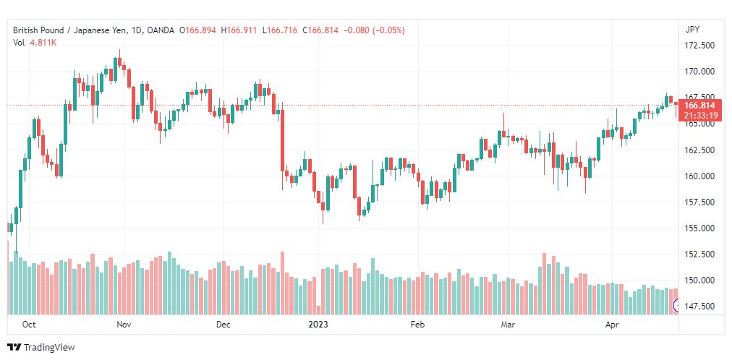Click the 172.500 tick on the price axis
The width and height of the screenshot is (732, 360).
tap(699, 46)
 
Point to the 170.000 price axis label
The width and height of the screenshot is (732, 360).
tap(699, 72)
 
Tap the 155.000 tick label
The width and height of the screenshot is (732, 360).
tap(699, 228)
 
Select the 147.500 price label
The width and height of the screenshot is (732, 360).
tap(699, 307)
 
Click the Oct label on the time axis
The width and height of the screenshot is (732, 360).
tap(29, 325)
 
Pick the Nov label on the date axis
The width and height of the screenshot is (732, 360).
tap(124, 325)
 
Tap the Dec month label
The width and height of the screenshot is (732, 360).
tap(224, 325)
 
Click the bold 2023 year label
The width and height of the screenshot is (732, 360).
tap(318, 325)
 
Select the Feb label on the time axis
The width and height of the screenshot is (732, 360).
tap(418, 325)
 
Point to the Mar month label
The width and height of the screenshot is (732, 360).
tap(508, 325)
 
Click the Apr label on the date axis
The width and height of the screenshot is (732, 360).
tap(612, 325)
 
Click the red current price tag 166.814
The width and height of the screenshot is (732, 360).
tap(702, 106)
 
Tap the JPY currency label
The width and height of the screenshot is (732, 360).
tap(693, 30)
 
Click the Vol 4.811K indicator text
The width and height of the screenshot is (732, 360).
tap(35, 43)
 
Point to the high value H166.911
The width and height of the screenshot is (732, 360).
tap(239, 30)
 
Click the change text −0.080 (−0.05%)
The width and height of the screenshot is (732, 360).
tap(375, 30)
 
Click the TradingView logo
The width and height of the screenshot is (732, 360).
tap(41, 348)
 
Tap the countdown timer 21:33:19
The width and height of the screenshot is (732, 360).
tap(702, 114)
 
